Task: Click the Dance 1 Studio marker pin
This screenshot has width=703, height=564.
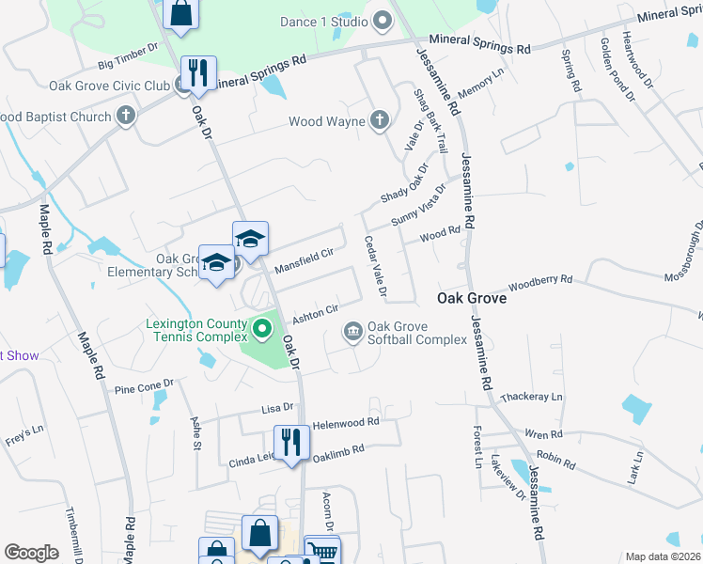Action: (382, 21)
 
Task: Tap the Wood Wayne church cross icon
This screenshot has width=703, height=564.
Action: (379, 120)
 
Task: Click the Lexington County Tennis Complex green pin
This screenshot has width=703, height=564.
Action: (262, 330)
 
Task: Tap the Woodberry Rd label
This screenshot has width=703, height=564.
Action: (540, 282)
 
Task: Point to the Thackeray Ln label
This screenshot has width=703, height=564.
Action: (531, 398)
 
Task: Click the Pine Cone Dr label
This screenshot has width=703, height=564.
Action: (144, 386)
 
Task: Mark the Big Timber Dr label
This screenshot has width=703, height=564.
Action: (130, 55)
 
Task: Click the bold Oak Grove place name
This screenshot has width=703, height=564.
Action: (472, 298)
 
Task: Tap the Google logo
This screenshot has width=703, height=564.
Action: (31, 552)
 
